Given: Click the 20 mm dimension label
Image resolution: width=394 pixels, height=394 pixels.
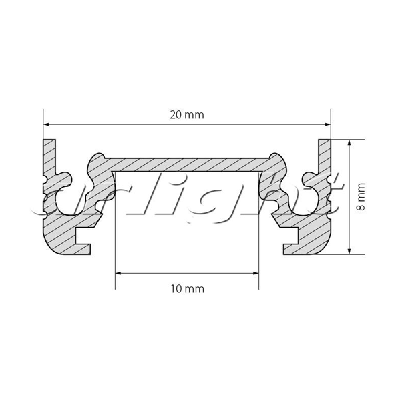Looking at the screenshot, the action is pyautogui.click(x=187, y=115).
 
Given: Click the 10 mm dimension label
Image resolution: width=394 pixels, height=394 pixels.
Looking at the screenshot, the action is pyautogui.click(x=188, y=289).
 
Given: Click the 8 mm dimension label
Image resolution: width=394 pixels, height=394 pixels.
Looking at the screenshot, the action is pyautogui.click(x=361, y=197).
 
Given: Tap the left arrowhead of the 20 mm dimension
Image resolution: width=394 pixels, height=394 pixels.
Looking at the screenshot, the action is pyautogui.click(x=46, y=124).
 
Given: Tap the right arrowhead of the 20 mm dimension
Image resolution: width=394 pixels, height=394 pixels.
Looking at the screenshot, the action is pyautogui.click(x=328, y=124).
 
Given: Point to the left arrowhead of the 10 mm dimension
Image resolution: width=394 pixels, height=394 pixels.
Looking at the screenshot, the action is pyautogui.click(x=118, y=273).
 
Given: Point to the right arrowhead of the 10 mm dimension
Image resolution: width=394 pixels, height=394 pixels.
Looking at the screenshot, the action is pyautogui.click(x=256, y=273).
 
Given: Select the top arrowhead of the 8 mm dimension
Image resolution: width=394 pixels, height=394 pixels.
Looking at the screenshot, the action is pyautogui.click(x=349, y=142).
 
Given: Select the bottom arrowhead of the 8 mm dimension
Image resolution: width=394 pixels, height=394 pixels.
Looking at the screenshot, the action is pyautogui.click(x=349, y=251).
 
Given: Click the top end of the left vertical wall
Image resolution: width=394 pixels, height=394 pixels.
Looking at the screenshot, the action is pyautogui.click(x=49, y=140).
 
